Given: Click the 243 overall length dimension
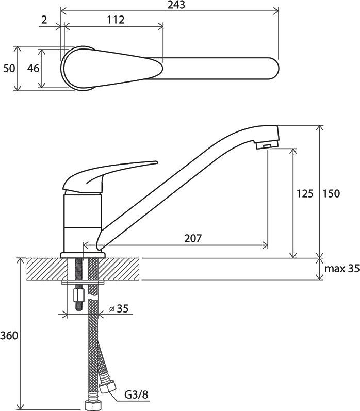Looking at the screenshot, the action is click(x=176, y=5).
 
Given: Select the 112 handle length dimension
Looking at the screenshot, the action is click(x=116, y=20).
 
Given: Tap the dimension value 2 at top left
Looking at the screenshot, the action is click(x=44, y=20).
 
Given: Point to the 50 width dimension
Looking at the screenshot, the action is click(x=9, y=69).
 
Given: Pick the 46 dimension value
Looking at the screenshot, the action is click(x=34, y=69).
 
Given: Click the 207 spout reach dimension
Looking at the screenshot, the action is click(x=193, y=238).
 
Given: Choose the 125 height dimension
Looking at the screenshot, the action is click(x=305, y=194).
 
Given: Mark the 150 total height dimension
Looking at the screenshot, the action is click(x=331, y=194).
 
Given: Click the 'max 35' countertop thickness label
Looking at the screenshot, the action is click(x=342, y=268).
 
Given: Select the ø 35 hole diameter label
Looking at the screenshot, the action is click(x=119, y=308).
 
